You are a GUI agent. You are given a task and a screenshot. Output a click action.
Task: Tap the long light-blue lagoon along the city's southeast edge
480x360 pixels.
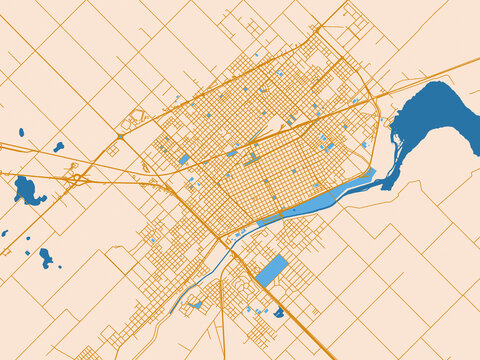[320, 200]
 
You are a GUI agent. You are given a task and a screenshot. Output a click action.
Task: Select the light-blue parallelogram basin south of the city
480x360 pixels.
[271, 270]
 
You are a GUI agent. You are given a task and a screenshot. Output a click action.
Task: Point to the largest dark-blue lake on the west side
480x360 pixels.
[27, 190]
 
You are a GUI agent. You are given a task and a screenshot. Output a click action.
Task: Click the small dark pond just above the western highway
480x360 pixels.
[59, 147]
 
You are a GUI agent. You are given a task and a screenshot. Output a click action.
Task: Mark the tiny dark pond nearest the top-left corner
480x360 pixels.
[21, 132]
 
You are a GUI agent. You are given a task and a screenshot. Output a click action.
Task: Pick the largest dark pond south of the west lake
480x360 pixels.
[45, 257]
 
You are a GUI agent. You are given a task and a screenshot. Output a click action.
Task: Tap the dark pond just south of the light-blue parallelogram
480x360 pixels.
[279, 313]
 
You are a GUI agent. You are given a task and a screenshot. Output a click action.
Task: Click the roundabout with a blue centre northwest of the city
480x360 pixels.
[120, 136]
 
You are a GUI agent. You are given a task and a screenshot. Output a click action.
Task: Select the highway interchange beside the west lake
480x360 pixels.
[76, 179]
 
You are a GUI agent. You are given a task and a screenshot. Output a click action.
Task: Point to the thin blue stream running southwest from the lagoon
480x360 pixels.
[215, 265]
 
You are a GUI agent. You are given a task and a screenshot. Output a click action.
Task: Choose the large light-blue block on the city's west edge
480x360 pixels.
[184, 159]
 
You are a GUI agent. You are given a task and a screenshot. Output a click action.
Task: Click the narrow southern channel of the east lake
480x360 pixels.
[390, 170]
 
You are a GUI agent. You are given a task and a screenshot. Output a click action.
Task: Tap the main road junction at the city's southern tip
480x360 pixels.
[222, 239]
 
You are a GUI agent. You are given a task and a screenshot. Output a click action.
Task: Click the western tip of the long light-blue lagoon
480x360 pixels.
[260, 221]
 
